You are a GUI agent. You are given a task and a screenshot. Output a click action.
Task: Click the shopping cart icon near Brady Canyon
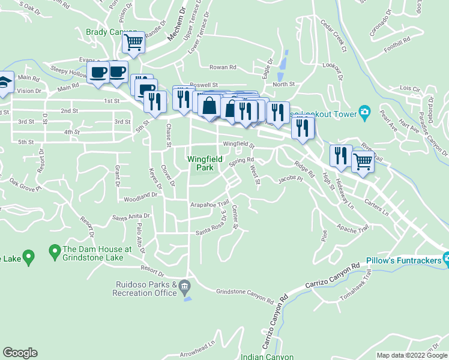pyautogui.click(x=133, y=43)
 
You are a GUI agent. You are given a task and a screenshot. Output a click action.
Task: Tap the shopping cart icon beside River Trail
pyautogui.click(x=362, y=161)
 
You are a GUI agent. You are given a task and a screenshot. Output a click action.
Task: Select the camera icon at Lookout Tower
pyautogui.click(x=364, y=112)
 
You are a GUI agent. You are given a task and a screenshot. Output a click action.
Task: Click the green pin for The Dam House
pyautogui.click(x=54, y=249)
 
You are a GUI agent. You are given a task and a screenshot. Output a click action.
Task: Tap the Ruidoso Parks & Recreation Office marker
pyautogui.click(x=185, y=284)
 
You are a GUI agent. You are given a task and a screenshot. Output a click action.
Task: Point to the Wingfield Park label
pyautogui.click(x=205, y=163)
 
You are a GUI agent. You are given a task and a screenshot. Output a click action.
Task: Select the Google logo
pyautogui.click(x=20, y=353)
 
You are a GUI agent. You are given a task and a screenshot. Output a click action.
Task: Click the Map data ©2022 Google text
pyautogui.click(x=411, y=355)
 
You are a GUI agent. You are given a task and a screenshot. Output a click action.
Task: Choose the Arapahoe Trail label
pyautogui.click(x=209, y=205)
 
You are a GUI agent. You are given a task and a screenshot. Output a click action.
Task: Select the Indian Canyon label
pyautogui.click(x=267, y=356)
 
